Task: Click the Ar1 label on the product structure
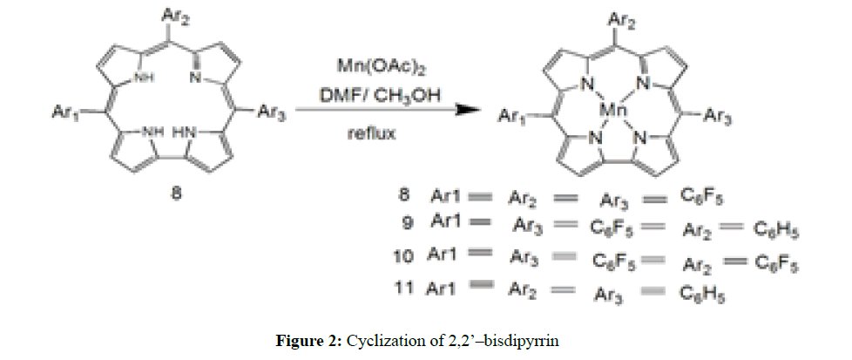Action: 512,118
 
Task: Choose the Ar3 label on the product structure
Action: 730,114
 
